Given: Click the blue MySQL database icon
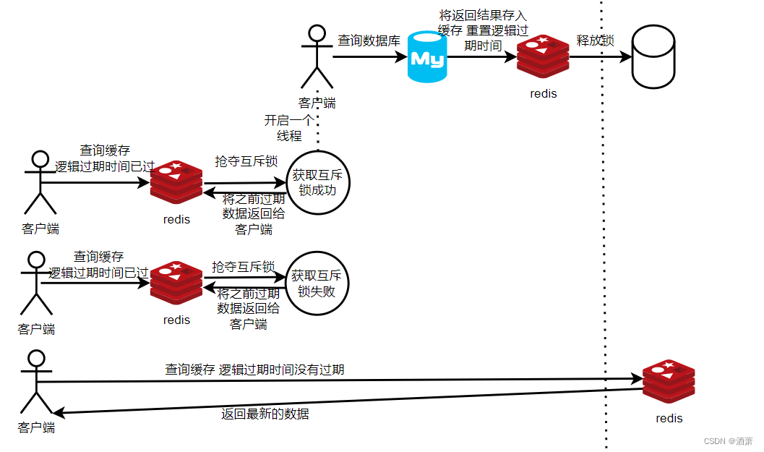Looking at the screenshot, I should (426, 57).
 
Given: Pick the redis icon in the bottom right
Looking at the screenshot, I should (669, 382).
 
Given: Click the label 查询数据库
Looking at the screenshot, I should (369, 41).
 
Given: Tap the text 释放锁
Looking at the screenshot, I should (595, 40).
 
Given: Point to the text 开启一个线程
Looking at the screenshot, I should (288, 128).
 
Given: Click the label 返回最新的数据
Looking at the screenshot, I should (265, 414).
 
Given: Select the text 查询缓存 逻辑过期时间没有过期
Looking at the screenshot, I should (254, 370).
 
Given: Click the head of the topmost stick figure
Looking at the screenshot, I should (317, 34).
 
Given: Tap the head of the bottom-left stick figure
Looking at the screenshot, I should (35, 358).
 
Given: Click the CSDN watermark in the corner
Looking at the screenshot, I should (729, 440).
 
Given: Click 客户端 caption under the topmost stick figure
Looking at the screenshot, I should (317, 103).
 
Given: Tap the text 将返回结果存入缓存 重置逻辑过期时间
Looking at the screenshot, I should (484, 30).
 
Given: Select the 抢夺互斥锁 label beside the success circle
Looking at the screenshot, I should (246, 161).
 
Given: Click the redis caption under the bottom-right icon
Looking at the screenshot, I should (669, 418).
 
